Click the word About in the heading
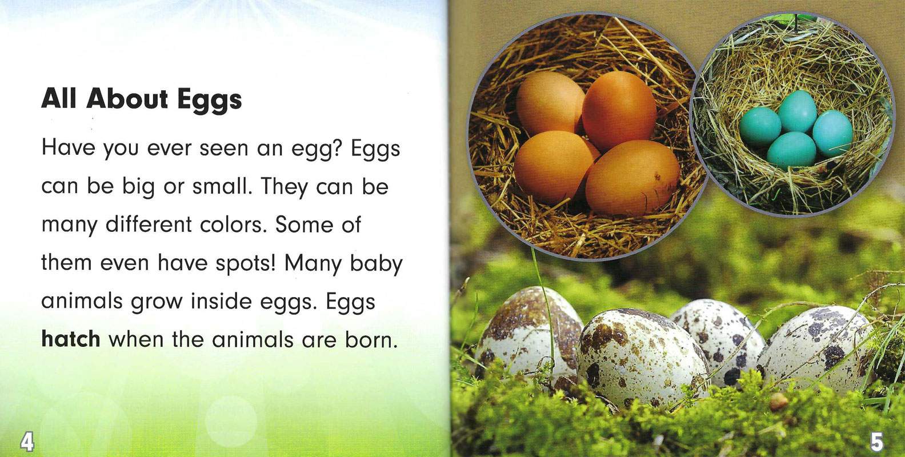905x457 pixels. [127, 99]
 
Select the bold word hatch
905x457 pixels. [71, 339]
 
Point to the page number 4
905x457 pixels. [27, 442]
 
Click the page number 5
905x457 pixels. [876, 442]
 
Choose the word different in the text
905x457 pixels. [149, 225]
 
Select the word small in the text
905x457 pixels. [222, 187]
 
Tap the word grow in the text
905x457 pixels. [157, 303]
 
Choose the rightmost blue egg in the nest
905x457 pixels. [832, 133]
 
